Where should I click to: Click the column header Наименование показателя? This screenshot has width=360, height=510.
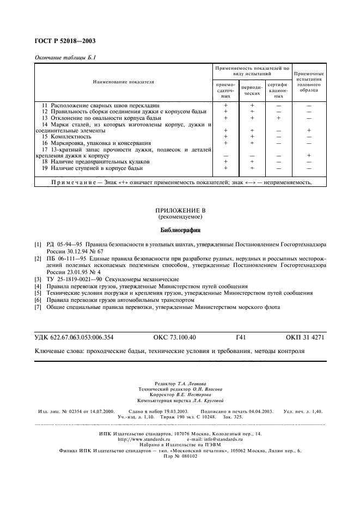pyautogui.click(x=124, y=82)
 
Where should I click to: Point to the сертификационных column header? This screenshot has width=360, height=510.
pyautogui.click(x=278, y=90)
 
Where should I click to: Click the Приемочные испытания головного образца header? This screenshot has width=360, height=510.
pyautogui.click(x=309, y=82)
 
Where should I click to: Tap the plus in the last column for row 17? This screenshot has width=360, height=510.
pyautogui.click(x=309, y=155)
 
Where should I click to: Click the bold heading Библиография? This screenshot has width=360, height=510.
pyautogui.click(x=180, y=229)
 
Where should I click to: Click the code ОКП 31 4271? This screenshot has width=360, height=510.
pyautogui.click(x=305, y=337)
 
